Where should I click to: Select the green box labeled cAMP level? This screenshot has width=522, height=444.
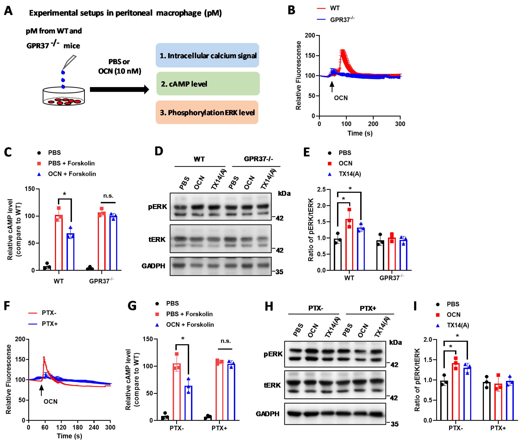[208, 84]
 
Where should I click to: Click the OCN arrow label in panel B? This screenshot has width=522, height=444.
[341, 98]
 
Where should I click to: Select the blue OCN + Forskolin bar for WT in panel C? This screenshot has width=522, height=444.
[71, 252]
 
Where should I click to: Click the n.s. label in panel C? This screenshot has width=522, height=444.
[108, 196]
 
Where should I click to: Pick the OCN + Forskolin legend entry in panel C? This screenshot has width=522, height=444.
[72, 174]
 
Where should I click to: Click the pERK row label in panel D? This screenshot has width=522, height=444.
[157, 207]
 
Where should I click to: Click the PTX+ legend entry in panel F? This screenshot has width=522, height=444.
[49, 324]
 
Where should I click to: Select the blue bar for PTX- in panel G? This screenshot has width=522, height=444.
[188, 403]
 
